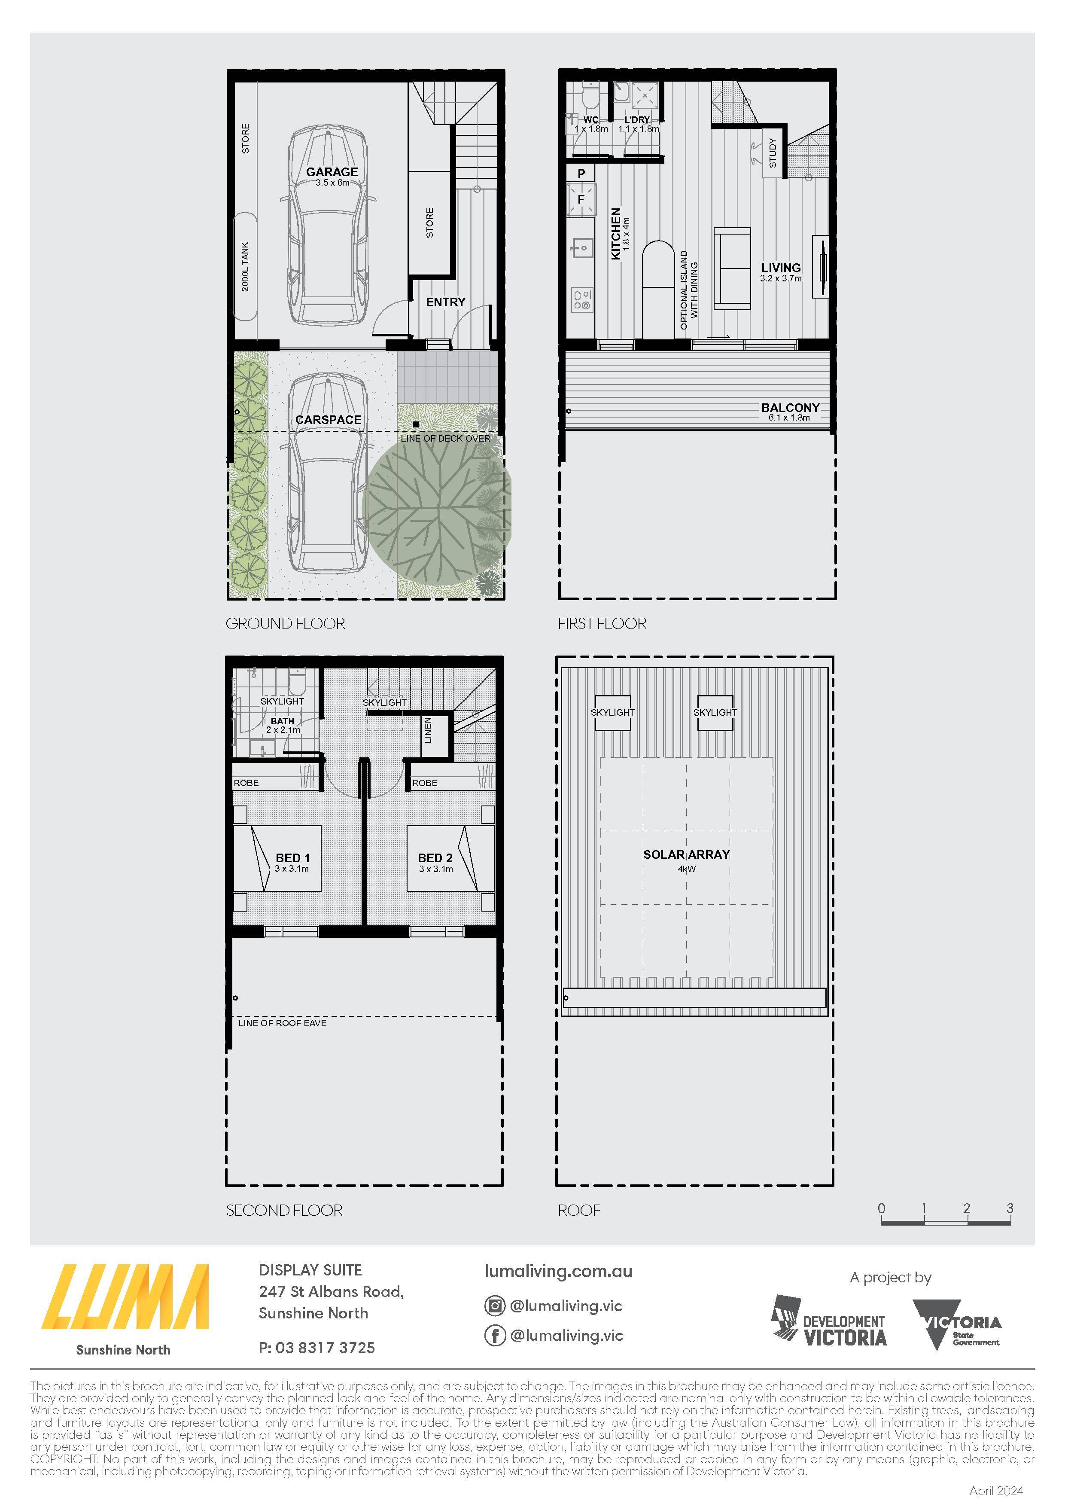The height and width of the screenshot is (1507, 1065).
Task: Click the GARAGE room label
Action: click(x=332, y=172)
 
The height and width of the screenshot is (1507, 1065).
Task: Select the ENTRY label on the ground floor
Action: click(x=446, y=302)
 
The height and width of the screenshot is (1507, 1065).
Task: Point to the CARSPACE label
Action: click(x=328, y=419)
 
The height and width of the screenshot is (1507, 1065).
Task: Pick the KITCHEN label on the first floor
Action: click(x=616, y=234)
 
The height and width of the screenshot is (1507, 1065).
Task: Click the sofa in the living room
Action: click(x=732, y=268)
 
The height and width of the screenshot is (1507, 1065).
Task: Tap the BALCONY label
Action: click(x=790, y=408)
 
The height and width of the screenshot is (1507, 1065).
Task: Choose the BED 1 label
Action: click(x=293, y=858)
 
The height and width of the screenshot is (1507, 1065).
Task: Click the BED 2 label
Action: click(x=435, y=858)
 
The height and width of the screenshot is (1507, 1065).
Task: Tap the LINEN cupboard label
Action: click(x=429, y=730)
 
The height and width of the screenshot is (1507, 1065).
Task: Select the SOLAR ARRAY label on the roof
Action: click(x=686, y=854)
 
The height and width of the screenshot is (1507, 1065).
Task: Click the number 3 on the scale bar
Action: click(x=1010, y=1208)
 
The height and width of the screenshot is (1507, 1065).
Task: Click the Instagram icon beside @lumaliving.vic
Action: click(x=494, y=1306)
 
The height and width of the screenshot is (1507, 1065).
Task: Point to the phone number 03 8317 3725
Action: click(x=326, y=1348)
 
